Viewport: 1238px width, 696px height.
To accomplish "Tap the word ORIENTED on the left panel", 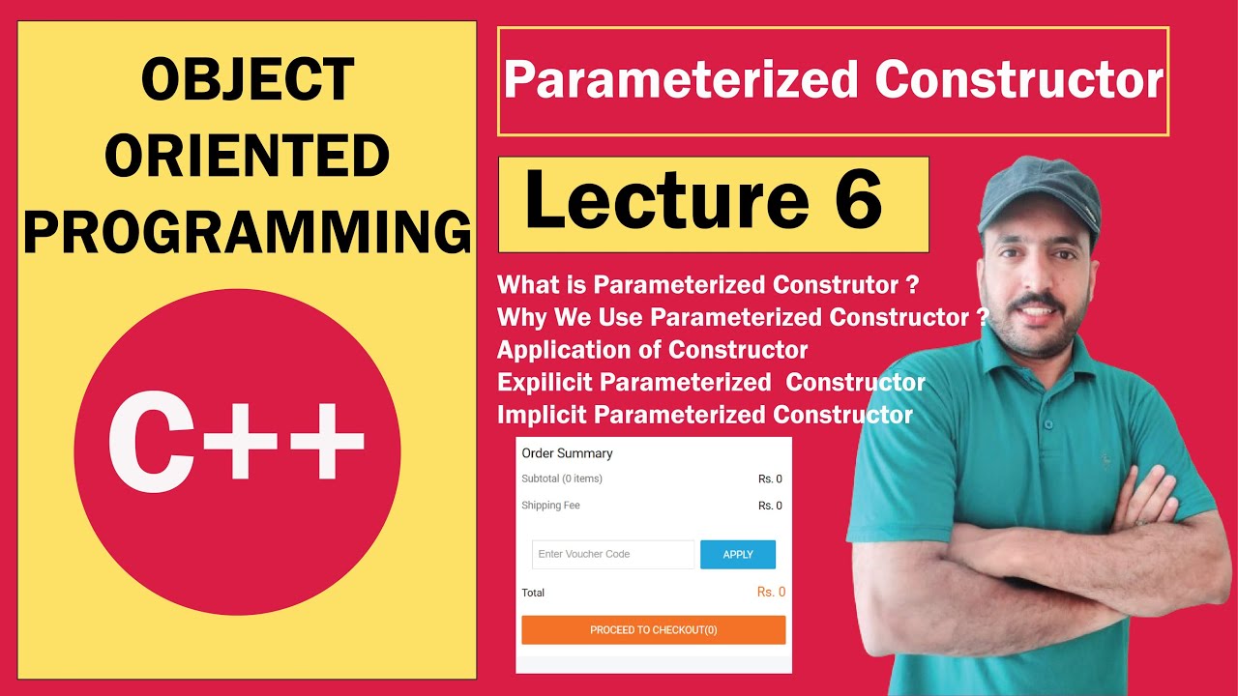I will coord(247,157).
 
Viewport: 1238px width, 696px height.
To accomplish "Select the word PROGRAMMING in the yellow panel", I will coord(247,233).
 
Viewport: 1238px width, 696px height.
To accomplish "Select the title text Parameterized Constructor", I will coord(833,81).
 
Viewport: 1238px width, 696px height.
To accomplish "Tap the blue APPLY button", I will coord(737,554).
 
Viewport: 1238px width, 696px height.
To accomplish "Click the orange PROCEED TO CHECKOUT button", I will coord(653,630).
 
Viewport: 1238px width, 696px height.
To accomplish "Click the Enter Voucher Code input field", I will coord(612,554).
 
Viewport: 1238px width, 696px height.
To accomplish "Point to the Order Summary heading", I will coord(567,453).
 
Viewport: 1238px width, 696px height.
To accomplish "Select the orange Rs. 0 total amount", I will coord(771,592).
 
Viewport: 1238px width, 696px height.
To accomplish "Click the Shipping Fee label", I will coord(550,506).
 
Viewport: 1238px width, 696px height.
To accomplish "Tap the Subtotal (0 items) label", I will coord(562,478).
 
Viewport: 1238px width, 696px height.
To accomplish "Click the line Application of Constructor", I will coord(653,349).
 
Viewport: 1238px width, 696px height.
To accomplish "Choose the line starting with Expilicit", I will coord(711,383).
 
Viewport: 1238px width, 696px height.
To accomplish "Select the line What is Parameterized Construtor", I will coord(707,285).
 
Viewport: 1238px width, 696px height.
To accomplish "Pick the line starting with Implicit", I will coord(705,416).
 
